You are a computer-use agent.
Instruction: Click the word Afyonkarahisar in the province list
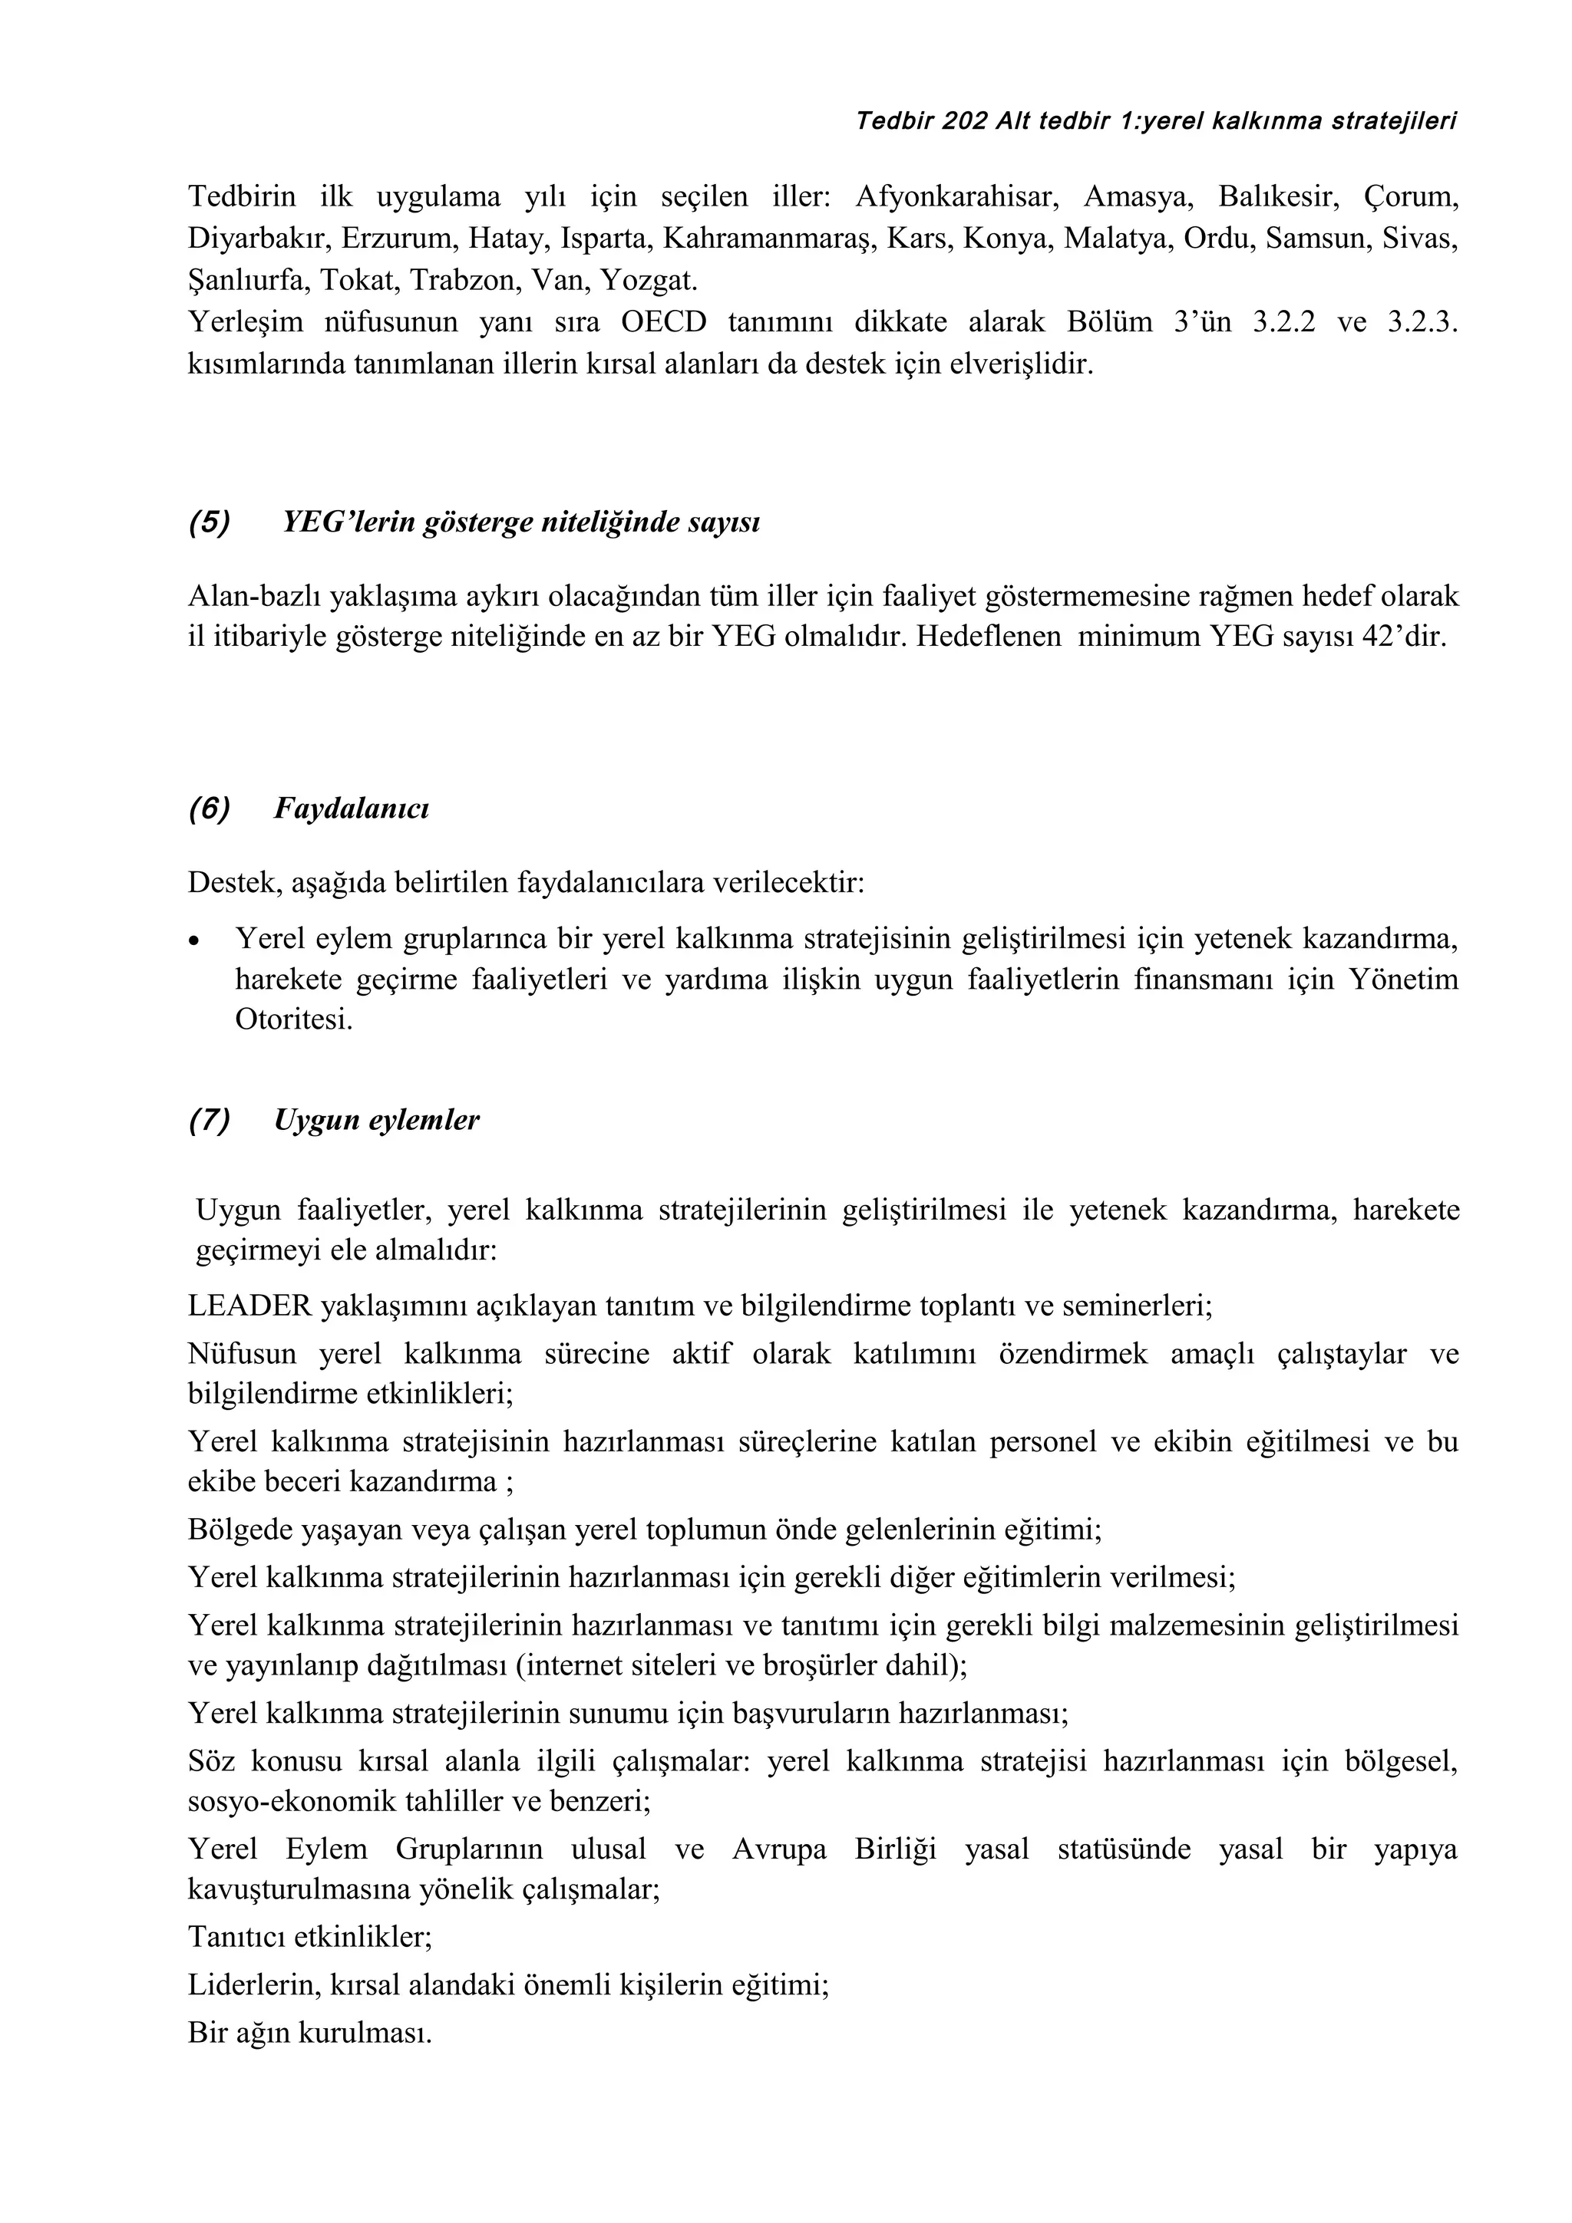pyautogui.click(x=955, y=197)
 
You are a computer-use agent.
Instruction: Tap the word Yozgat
pyautogui.click(x=648, y=281)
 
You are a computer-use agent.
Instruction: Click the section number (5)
pyautogui.click(x=210, y=523)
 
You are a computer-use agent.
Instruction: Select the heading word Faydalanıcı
pyautogui.click(x=351, y=809)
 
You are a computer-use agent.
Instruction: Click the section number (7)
pyautogui.click(x=210, y=1120)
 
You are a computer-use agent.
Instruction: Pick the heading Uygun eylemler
pyautogui.click(x=377, y=1120)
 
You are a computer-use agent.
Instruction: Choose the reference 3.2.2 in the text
pyautogui.click(x=1283, y=322)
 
